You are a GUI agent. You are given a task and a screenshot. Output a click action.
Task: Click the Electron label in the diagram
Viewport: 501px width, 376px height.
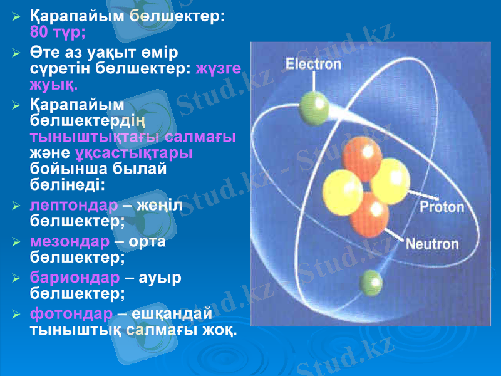pos(313,63)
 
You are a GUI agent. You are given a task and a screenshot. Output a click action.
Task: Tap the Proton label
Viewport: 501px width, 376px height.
pos(442,207)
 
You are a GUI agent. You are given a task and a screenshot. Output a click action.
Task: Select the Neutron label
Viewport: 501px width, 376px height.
pos(433,244)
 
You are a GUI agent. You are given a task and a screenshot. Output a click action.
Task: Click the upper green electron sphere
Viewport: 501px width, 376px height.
pos(314,107)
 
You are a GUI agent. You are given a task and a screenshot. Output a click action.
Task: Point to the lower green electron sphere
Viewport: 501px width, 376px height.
pos(370,283)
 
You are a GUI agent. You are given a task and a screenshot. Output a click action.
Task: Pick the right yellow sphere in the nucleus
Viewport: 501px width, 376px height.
pos(390,180)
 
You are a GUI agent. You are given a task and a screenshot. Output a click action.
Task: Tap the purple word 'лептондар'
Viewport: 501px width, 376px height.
pos(73,206)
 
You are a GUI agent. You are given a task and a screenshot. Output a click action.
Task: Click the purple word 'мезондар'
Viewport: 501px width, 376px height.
pos(70,241)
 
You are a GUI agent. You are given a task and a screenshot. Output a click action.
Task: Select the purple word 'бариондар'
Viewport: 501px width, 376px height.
pos(74,277)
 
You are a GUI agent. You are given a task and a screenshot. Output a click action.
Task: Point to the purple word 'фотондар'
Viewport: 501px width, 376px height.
pos(71,313)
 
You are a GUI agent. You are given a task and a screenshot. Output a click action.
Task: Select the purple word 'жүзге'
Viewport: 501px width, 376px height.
pos(219,69)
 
